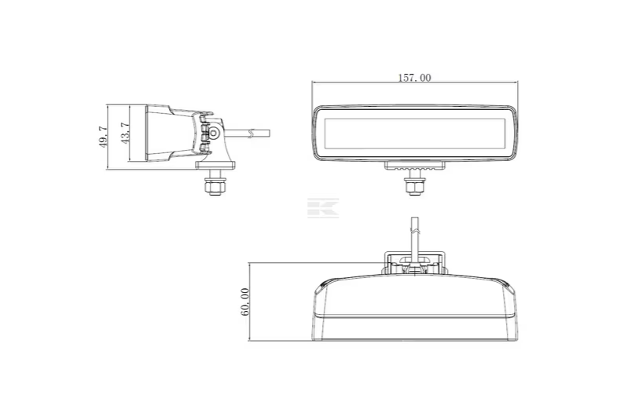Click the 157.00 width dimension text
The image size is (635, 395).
pyautogui.click(x=414, y=78)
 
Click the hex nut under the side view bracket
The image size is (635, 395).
pyautogui.click(x=212, y=187)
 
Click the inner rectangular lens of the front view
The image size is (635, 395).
pyautogui.click(x=414, y=133)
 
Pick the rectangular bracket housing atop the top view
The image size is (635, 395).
pyautogui.click(x=416, y=262)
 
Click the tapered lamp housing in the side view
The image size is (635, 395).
pyautogui.click(x=169, y=134)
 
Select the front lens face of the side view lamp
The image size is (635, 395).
pyautogui.click(x=145, y=134)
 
